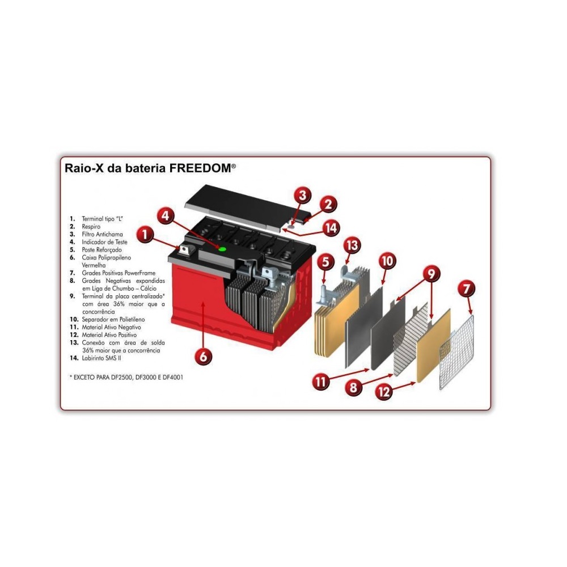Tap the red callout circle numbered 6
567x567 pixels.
coord(203,356)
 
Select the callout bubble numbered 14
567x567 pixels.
coord(331,228)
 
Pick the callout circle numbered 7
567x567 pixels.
coord(467,289)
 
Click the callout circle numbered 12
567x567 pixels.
coord(384,391)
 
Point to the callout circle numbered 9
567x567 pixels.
coord(431,274)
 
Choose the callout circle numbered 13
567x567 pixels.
coord(352,245)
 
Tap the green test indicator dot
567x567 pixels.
coord(222,249)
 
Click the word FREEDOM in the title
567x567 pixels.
coord(201,168)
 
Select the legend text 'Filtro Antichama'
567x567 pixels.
coord(102,234)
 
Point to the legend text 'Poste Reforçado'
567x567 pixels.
coord(101,250)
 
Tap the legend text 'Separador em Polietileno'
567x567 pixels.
coord(113,319)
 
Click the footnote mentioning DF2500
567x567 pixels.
coord(126,377)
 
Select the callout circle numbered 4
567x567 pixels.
coord(165,216)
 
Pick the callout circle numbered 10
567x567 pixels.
coord(387,261)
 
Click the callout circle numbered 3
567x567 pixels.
coord(302,195)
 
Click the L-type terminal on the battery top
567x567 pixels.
coord(185,250)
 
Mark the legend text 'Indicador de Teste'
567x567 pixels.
coord(104,242)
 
